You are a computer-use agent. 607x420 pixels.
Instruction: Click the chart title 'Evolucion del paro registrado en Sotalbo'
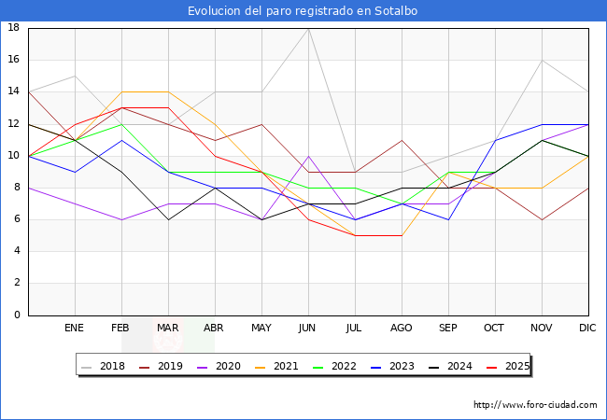303,11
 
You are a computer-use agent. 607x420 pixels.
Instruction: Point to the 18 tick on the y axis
14,28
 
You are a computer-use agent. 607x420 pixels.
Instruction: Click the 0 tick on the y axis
17,315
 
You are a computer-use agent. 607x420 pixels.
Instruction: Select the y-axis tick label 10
14,156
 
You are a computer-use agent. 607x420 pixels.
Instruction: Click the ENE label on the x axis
75,329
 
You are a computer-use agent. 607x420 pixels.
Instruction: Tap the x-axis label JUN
308,329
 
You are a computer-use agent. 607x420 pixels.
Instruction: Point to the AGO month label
402,329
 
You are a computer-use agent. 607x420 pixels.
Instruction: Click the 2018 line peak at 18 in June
308,28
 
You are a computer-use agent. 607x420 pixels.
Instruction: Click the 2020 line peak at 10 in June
308,156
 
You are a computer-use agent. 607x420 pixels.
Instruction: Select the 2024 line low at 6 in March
168,219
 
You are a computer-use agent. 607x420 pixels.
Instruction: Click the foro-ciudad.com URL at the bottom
535,405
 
